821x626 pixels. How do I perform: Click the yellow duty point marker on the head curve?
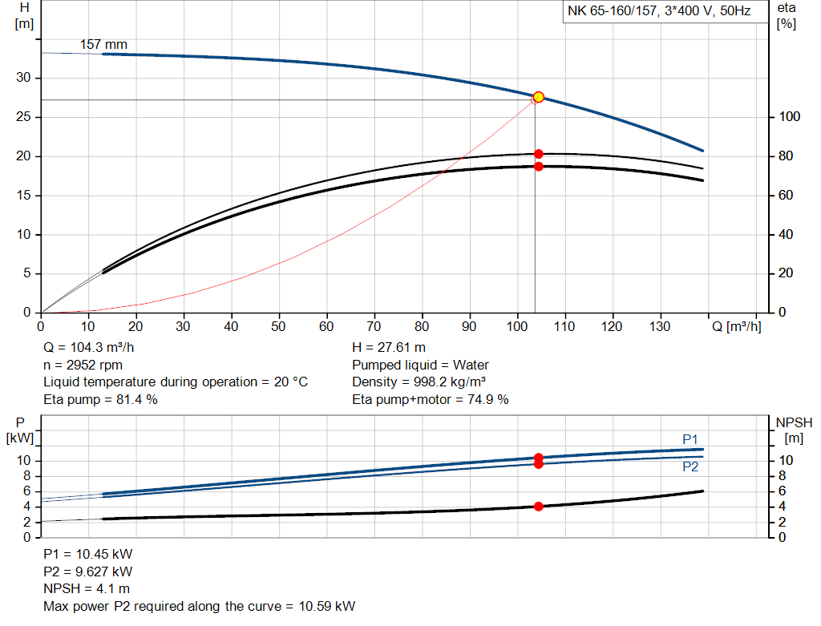(x=539, y=97)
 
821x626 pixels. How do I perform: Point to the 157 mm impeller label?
(x=103, y=45)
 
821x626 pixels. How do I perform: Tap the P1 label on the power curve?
(x=690, y=438)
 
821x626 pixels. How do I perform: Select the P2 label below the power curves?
(x=690, y=466)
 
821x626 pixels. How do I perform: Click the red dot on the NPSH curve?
(x=539, y=506)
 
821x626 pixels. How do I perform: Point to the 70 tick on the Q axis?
(x=374, y=326)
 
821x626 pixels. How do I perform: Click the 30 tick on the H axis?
(x=25, y=78)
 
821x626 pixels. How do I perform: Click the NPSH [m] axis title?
(x=794, y=430)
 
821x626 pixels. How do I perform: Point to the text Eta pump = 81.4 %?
(x=100, y=399)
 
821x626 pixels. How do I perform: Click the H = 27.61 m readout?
(x=389, y=347)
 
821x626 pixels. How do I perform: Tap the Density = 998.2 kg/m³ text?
(x=419, y=382)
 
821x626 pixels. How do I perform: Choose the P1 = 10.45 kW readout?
(x=88, y=554)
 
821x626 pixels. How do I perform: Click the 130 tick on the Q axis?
(x=659, y=326)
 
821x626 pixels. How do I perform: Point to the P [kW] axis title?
(x=21, y=430)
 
